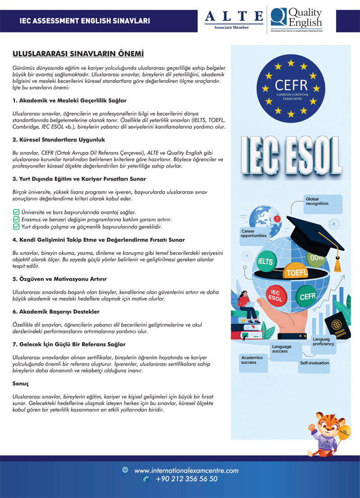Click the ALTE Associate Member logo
click(234, 19)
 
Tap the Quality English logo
click(297, 19)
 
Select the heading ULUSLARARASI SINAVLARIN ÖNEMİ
click(78, 54)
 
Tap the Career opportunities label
click(254, 234)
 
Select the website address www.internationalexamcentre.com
click(186, 471)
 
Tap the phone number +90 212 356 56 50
click(187, 479)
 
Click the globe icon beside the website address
click(125, 470)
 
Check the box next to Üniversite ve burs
click(16, 212)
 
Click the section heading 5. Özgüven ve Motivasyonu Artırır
click(59, 279)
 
